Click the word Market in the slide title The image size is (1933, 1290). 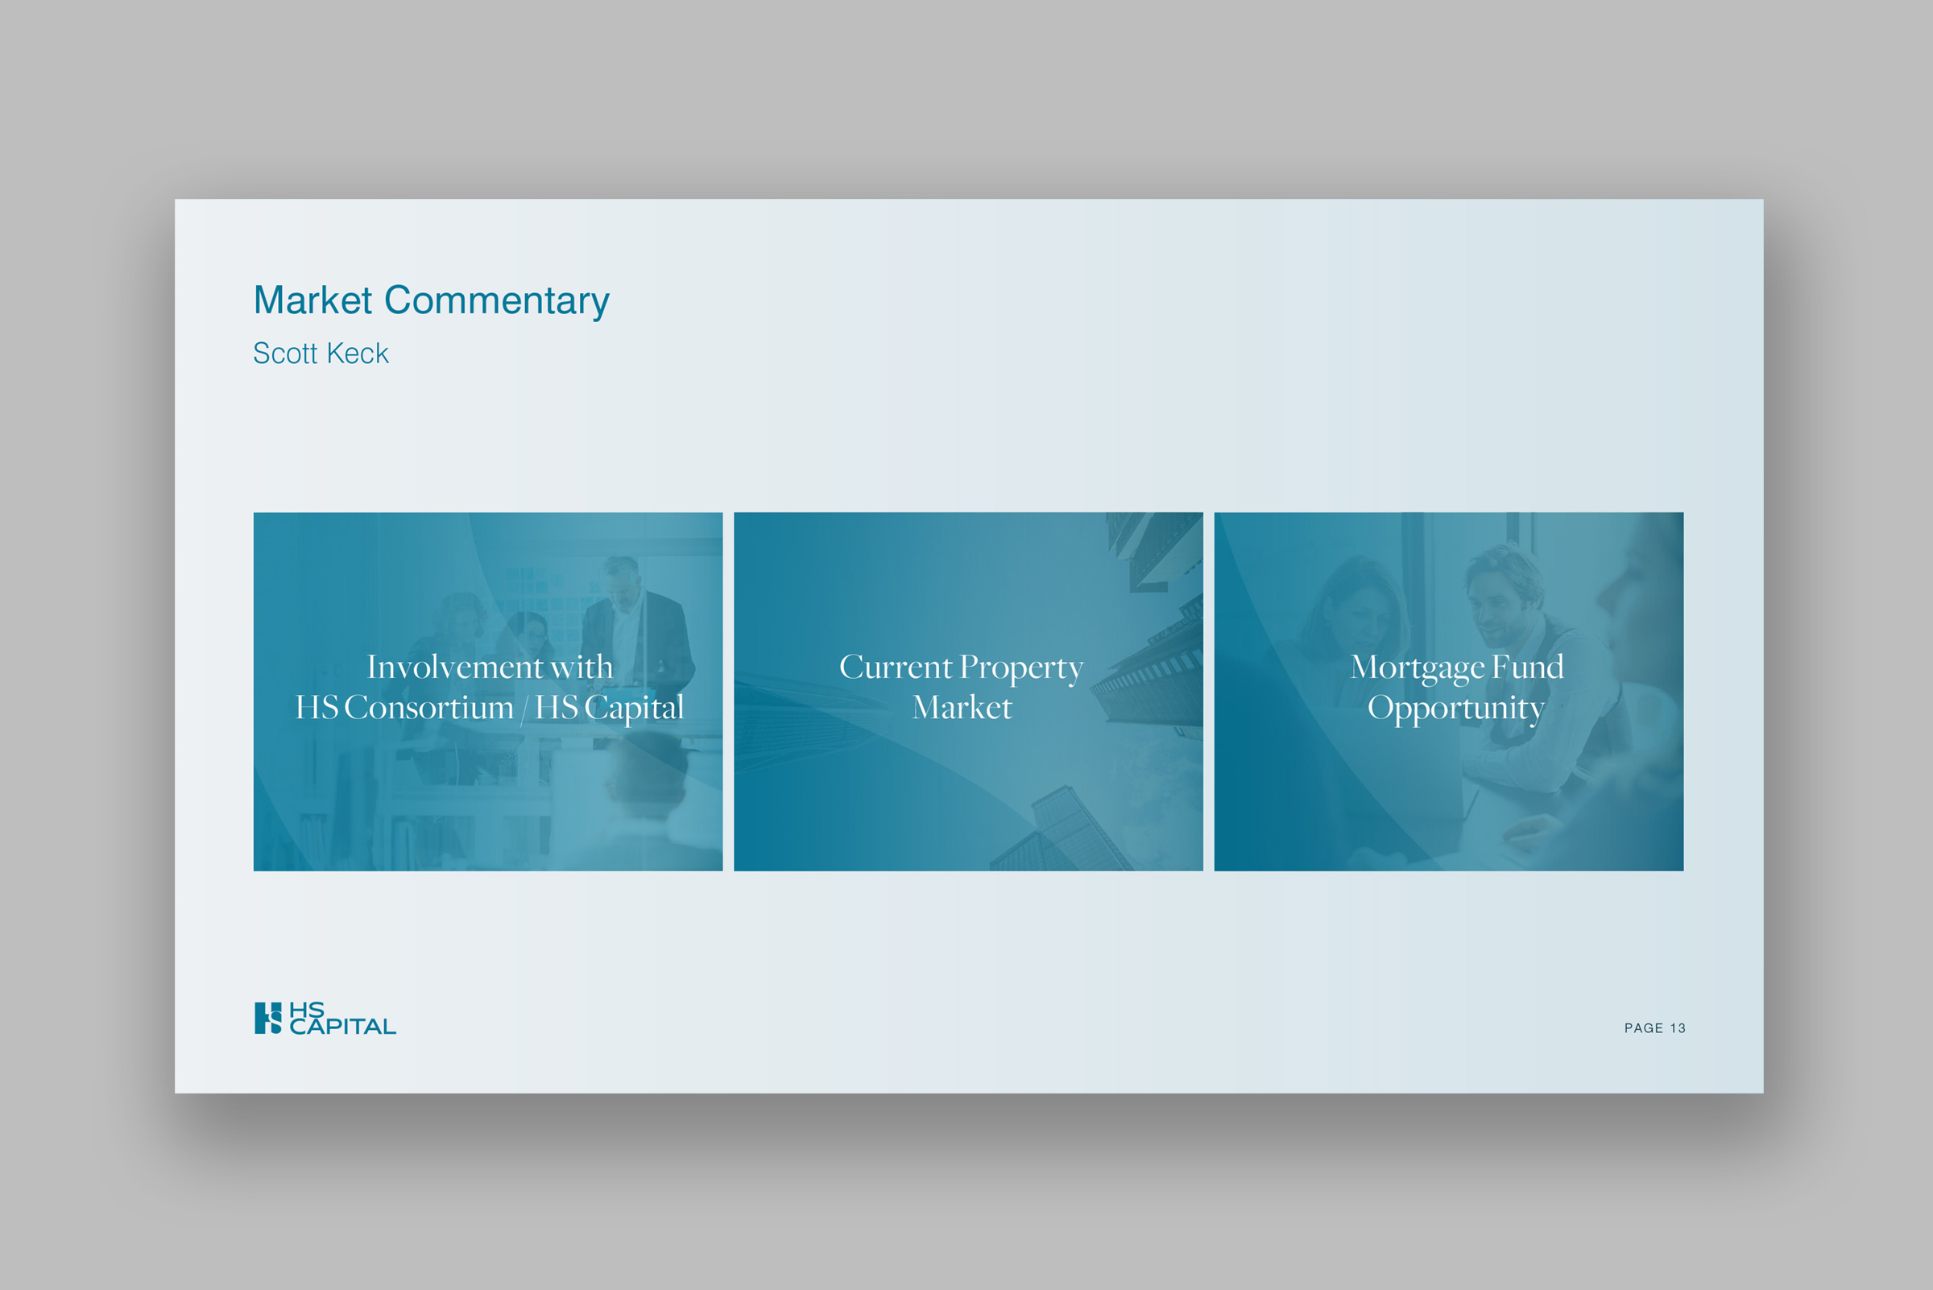tap(313, 300)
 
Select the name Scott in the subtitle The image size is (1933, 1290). tap(285, 354)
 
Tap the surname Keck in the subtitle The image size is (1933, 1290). tap(357, 354)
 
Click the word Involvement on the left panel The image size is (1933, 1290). tap(454, 668)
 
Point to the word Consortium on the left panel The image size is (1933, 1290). tap(428, 708)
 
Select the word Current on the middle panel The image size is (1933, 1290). tap(896, 668)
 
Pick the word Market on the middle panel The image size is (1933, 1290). tap(962, 708)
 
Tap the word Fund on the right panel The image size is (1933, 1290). tap(1528, 667)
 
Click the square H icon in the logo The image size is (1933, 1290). tap(268, 1018)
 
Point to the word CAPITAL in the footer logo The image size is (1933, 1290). tap(342, 1027)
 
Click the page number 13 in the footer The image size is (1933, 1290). tap(1677, 1028)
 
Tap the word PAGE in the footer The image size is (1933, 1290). tap(1643, 1028)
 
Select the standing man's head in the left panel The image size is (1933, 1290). tap(621, 581)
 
